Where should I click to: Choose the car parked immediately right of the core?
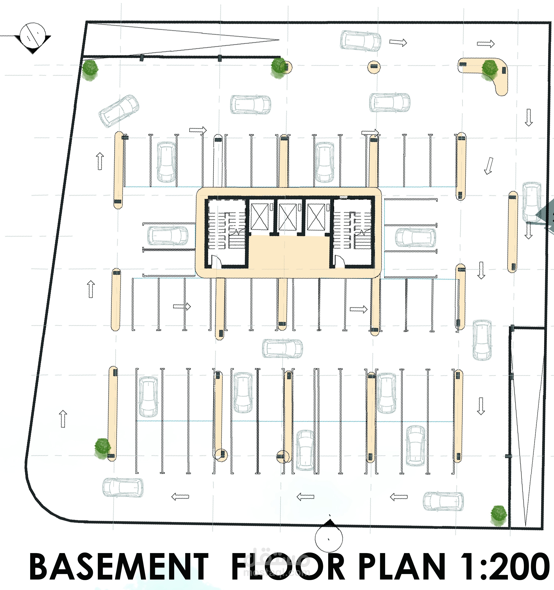click(x=416, y=237)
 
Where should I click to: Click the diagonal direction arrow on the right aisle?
click(x=488, y=166)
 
